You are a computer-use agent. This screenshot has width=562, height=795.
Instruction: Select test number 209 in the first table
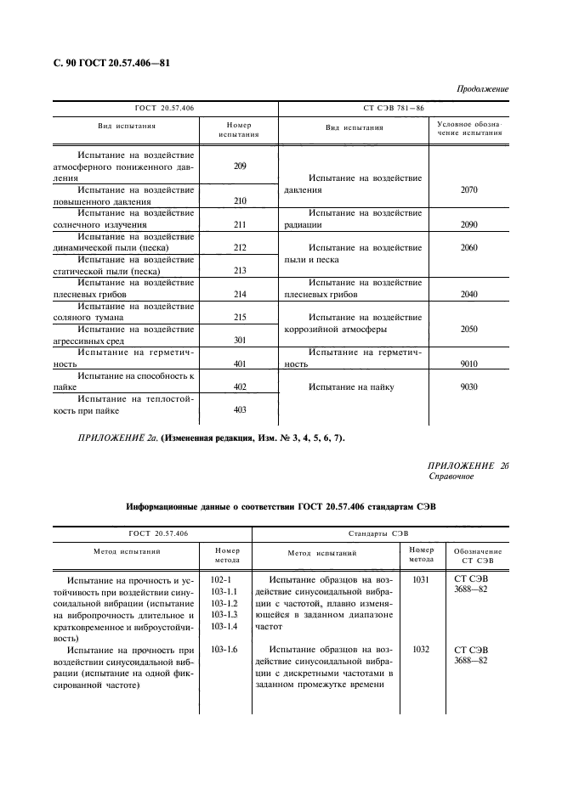coord(239,166)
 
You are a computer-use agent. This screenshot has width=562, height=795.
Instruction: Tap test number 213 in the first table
coord(239,271)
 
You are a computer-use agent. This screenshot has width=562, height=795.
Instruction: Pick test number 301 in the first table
coord(239,341)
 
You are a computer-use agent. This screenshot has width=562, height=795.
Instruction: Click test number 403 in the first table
coord(239,410)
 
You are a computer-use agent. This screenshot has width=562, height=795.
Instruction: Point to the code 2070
coord(468,190)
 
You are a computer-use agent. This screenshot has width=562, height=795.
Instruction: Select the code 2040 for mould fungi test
coord(468,294)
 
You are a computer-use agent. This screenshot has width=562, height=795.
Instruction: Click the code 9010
coord(468,364)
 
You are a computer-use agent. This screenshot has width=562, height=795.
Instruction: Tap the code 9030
coord(468,387)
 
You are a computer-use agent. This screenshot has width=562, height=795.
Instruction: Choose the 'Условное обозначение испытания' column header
coord(468,129)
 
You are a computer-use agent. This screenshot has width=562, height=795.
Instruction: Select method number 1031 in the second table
coord(421,579)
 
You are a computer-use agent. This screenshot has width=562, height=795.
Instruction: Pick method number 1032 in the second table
coord(421,649)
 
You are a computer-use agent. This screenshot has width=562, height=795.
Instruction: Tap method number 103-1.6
coord(224,649)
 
